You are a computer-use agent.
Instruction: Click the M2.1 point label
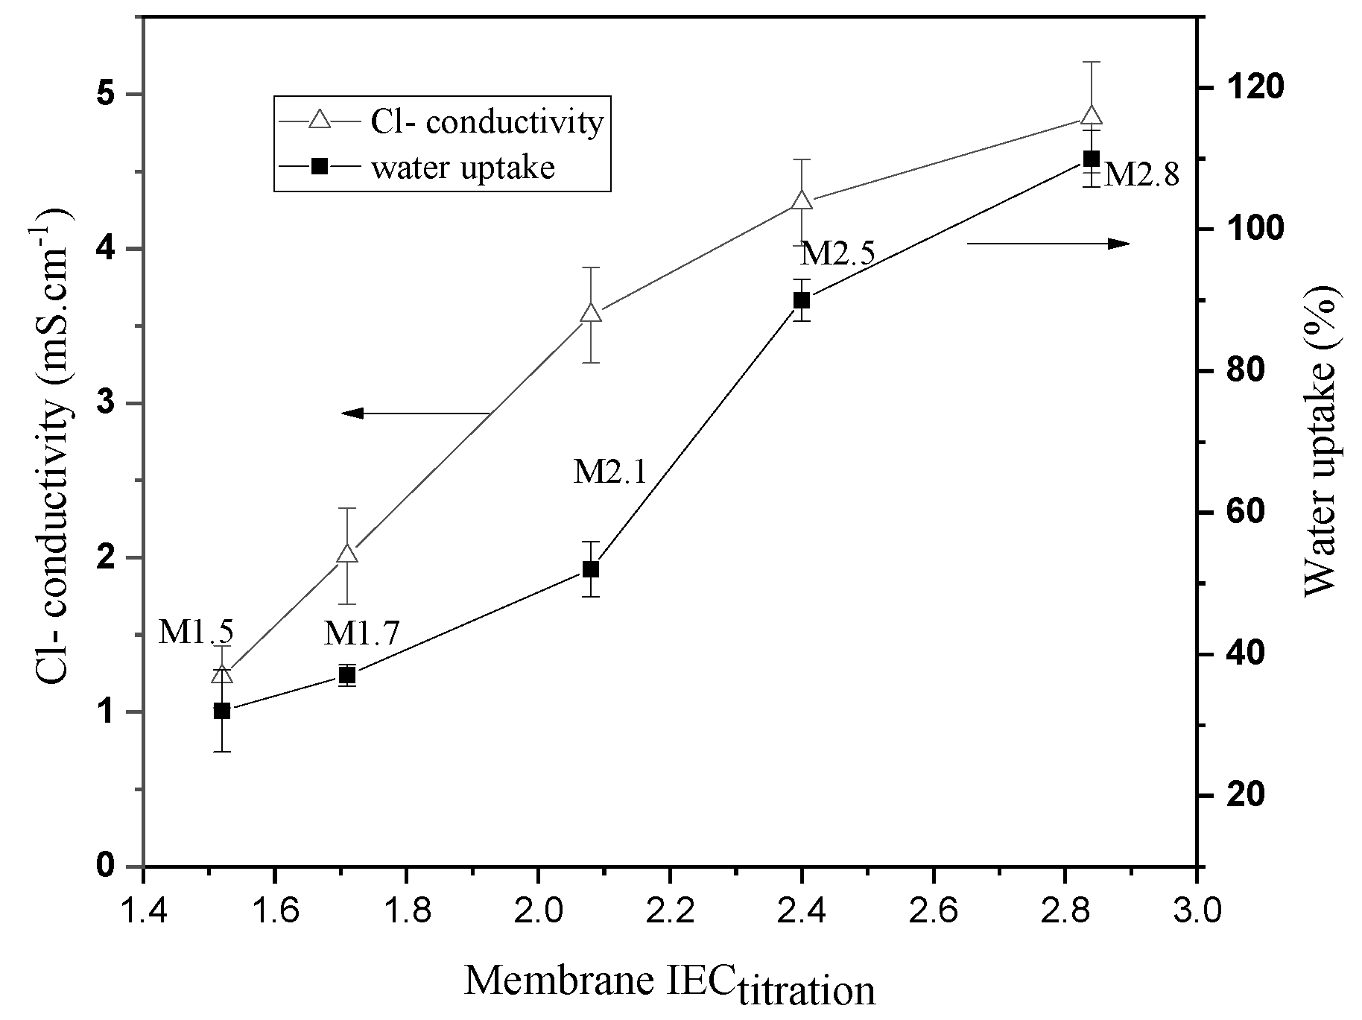point(610,472)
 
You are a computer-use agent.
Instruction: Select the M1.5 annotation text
point(197,633)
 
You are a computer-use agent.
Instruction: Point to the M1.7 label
point(362,634)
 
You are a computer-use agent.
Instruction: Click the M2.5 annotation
point(837,255)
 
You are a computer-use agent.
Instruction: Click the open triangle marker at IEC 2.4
point(802,200)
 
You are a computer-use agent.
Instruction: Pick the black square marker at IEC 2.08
point(591,569)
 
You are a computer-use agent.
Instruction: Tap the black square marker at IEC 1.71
point(347,675)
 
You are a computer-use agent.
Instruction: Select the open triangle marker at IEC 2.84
point(1092,115)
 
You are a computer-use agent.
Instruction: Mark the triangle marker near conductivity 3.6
point(591,312)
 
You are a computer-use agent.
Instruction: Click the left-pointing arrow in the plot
point(414,413)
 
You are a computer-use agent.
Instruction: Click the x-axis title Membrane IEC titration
point(669,983)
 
